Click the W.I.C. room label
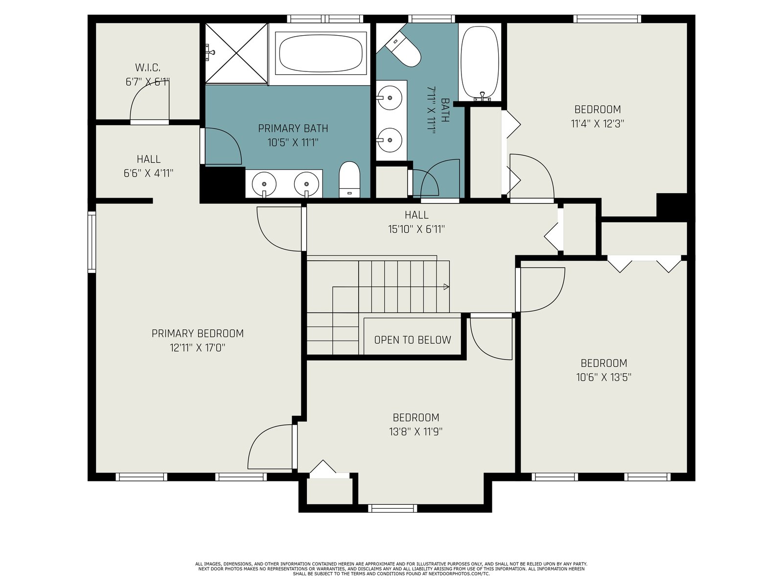click(148, 68)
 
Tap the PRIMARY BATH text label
click(293, 128)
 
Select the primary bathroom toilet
click(349, 179)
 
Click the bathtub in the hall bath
click(480, 63)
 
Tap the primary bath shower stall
click(236, 53)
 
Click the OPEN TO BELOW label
click(413, 340)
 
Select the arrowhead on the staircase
click(446, 287)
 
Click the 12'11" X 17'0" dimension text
click(197, 347)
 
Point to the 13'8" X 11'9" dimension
click(415, 431)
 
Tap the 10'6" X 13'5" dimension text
click(603, 377)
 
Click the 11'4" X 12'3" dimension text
click(597, 124)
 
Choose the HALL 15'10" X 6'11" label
click(416, 222)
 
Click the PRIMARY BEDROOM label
click(198, 334)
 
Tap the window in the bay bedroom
click(392, 508)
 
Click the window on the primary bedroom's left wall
click(92, 242)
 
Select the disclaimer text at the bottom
click(391, 569)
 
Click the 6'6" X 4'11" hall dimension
click(148, 173)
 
